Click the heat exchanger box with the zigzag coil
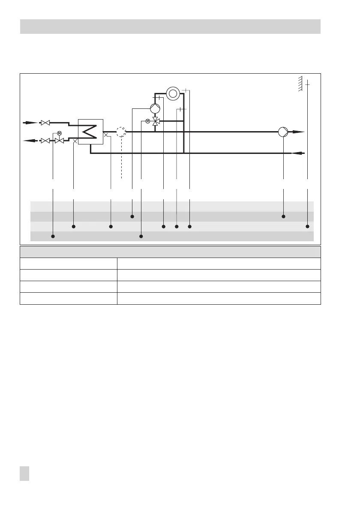pyautogui.click(x=91, y=132)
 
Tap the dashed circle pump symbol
pyautogui.click(x=121, y=132)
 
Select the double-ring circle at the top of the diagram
pyautogui.click(x=173, y=93)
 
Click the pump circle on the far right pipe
pyautogui.click(x=283, y=132)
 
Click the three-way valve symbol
pyautogui.click(x=155, y=121)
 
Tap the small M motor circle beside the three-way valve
pyautogui.click(x=147, y=121)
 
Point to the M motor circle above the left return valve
pyautogui.click(x=59, y=133)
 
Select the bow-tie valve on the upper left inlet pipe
pyautogui.click(x=45, y=123)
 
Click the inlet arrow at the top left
pyautogui.click(x=30, y=123)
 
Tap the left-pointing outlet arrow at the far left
pyautogui.click(x=30, y=141)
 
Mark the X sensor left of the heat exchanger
pyautogui.click(x=75, y=140)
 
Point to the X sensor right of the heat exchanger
pyautogui.click(x=106, y=135)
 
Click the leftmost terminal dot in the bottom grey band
pyautogui.click(x=53, y=236)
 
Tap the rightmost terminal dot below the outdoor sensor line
pyautogui.click(x=307, y=226)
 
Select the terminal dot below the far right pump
pyautogui.click(x=283, y=216)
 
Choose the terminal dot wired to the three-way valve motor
pyautogui.click(x=141, y=236)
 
